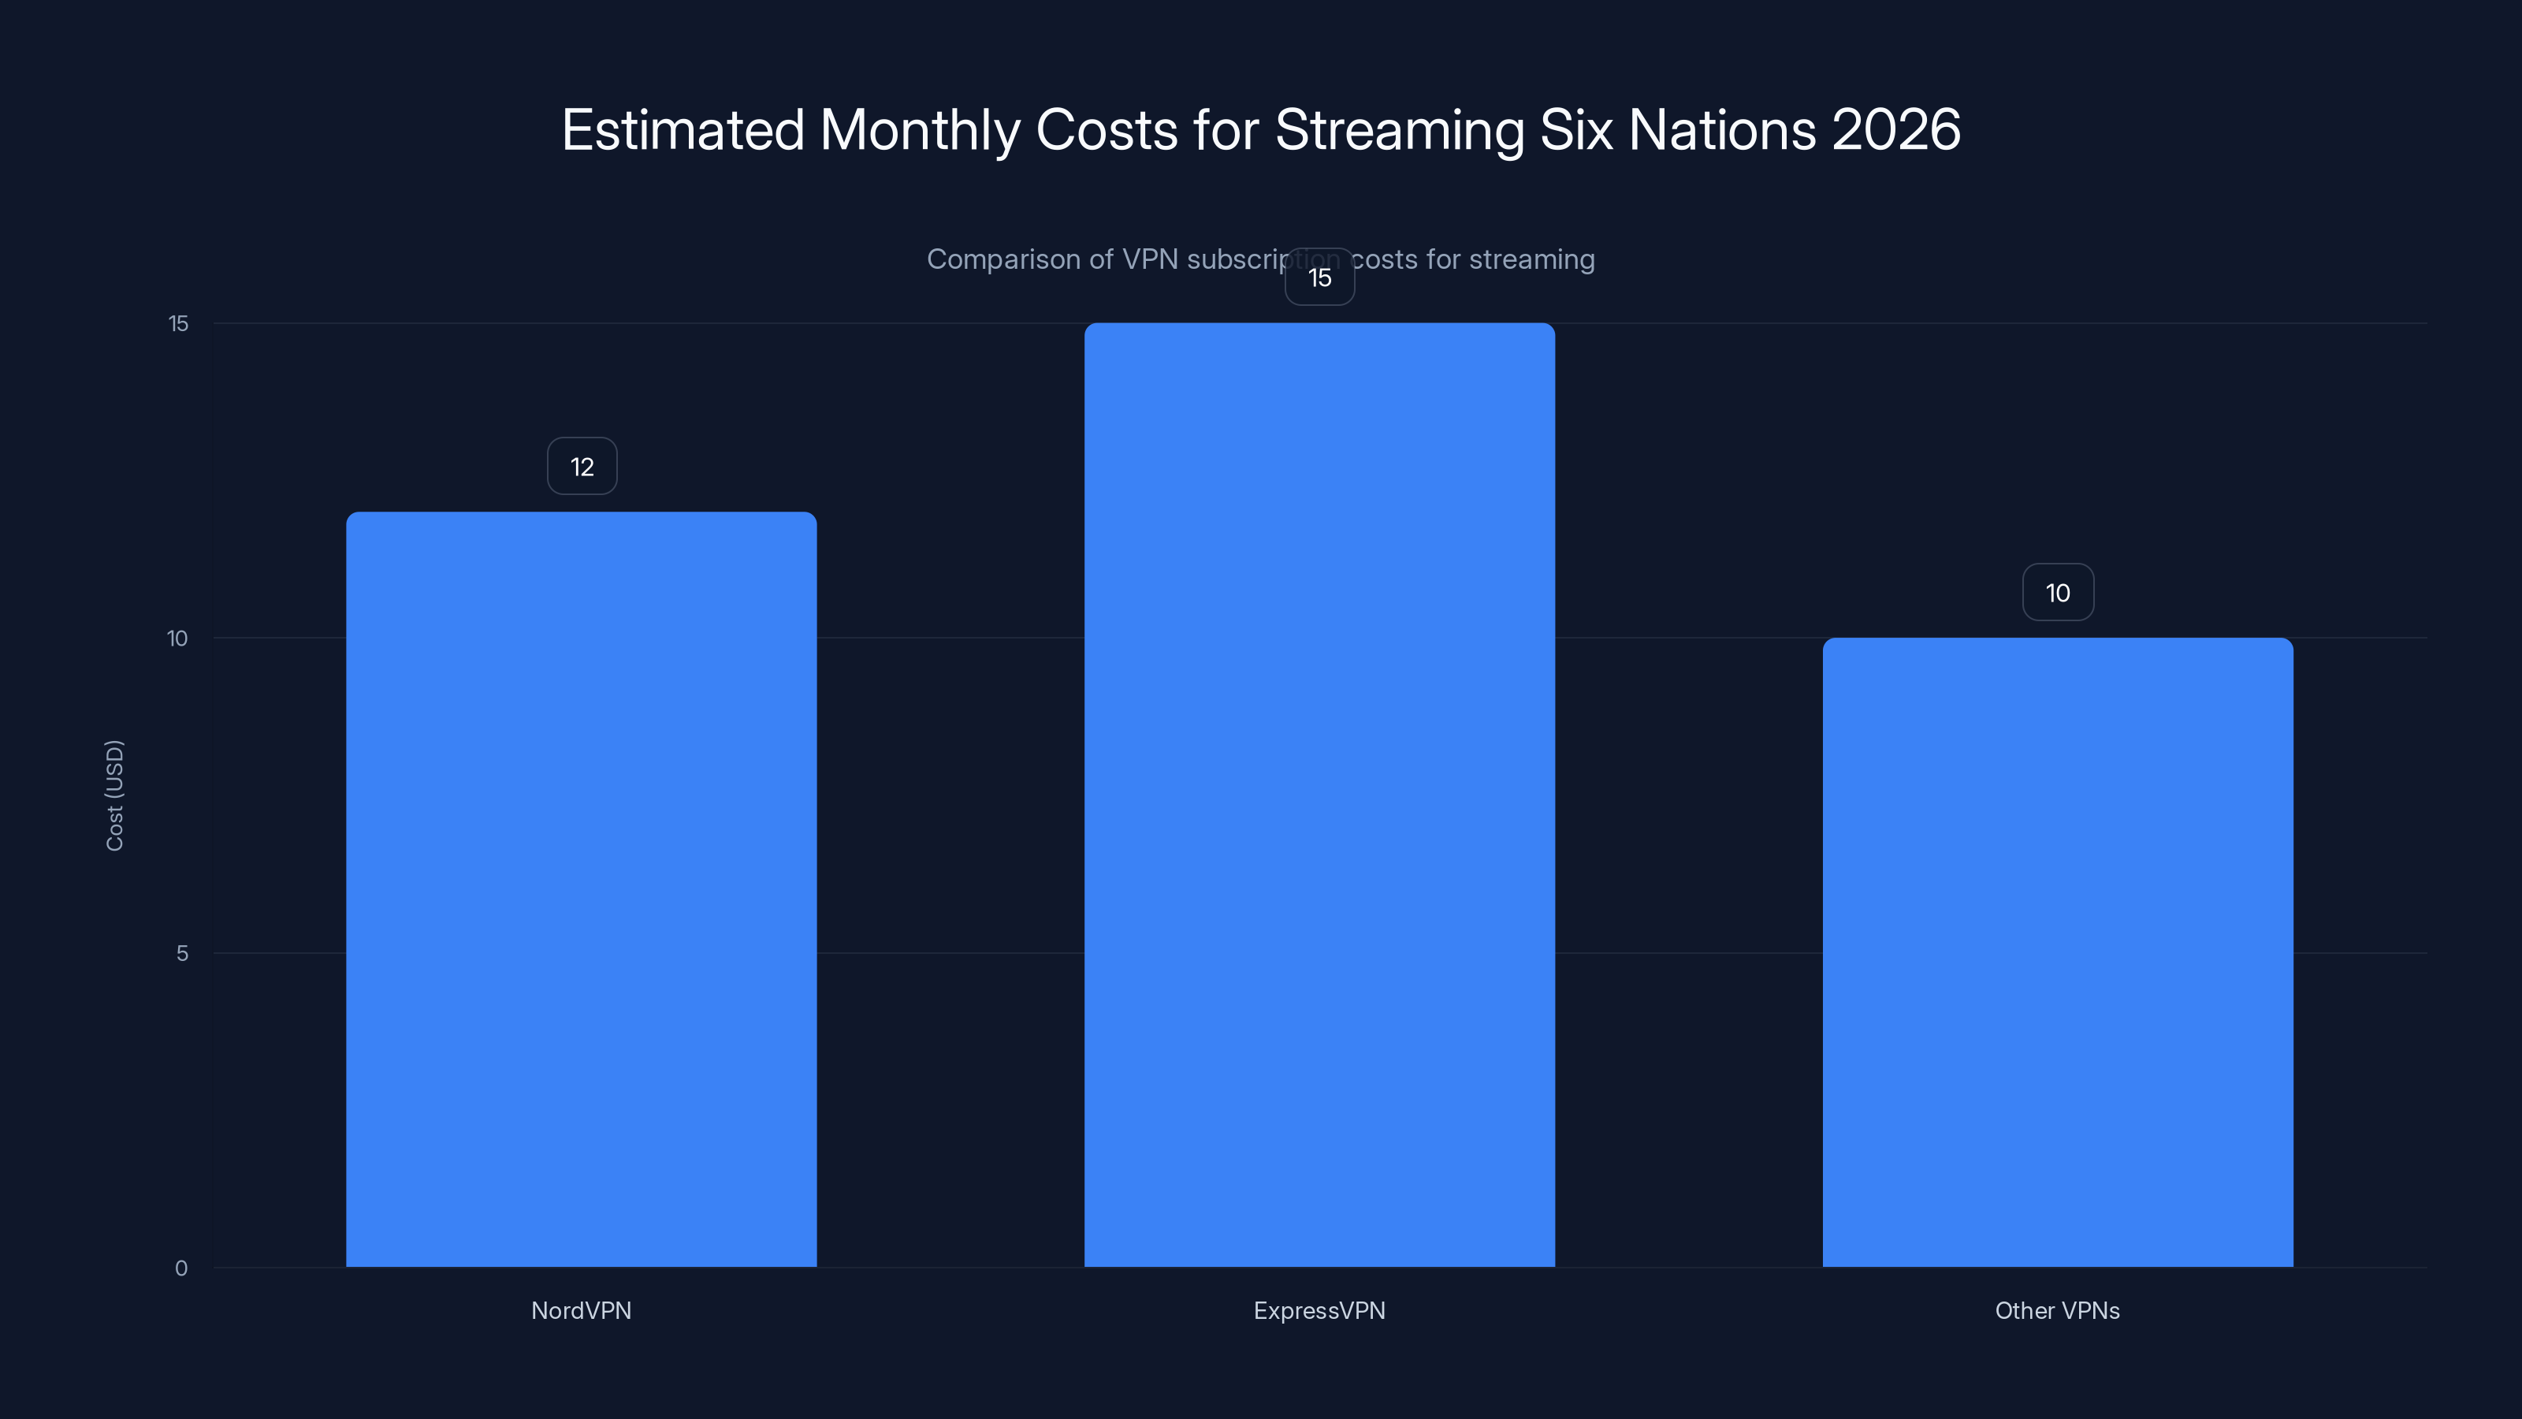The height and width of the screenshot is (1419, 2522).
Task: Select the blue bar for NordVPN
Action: [x=581, y=888]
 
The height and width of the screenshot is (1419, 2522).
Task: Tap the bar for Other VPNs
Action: [x=2057, y=952]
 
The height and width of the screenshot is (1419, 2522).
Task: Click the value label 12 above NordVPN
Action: [x=582, y=466]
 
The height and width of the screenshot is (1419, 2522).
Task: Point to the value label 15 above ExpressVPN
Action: [x=1320, y=277]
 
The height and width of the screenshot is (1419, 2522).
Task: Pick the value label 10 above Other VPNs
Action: [x=2058, y=593]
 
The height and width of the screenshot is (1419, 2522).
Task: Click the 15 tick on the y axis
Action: [x=178, y=323]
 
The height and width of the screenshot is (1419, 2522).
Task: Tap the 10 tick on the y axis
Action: [x=177, y=639]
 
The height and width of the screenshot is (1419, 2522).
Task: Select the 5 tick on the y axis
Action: [x=182, y=953]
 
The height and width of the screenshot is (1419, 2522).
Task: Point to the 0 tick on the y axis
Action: [x=181, y=1268]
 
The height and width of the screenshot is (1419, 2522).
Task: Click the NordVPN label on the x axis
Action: [x=581, y=1310]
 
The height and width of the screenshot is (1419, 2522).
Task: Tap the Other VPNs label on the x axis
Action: [x=2057, y=1310]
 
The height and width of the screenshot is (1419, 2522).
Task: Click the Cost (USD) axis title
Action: [x=114, y=795]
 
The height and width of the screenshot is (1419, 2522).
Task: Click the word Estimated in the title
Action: [x=683, y=129]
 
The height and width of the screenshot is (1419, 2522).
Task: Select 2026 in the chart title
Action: [x=1895, y=129]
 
